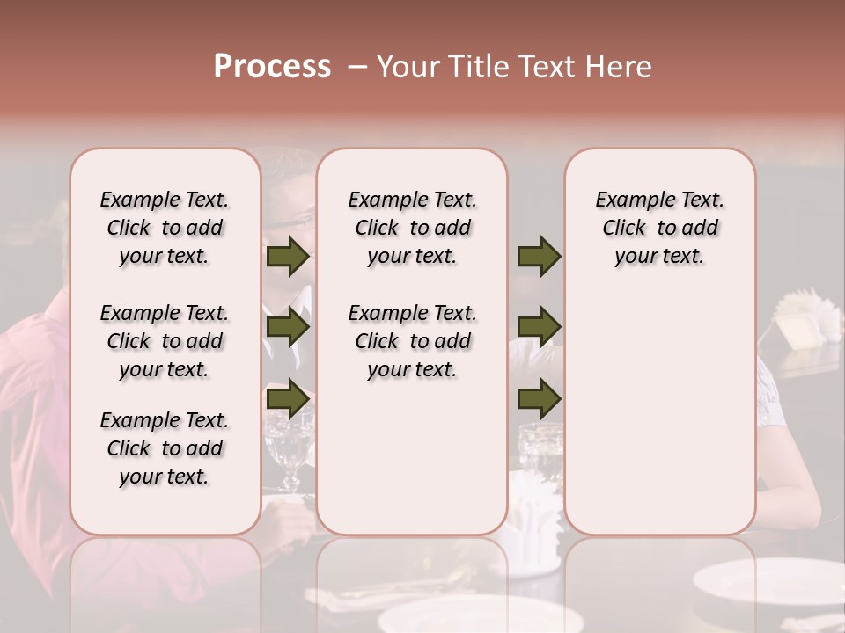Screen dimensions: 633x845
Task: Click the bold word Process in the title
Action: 272,67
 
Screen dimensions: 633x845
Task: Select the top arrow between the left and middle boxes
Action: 288,257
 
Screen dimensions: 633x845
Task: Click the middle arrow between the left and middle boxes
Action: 288,328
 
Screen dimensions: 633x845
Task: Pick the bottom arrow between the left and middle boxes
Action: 288,398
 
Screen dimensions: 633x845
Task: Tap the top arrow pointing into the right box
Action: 539,257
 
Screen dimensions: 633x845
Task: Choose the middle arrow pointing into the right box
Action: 539,328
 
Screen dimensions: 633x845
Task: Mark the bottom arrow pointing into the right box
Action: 539,398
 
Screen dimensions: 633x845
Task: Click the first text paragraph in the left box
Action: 165,228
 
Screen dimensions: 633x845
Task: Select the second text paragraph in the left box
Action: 165,341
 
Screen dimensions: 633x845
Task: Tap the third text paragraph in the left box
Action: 165,448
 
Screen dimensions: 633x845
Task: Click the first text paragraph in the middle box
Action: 412,228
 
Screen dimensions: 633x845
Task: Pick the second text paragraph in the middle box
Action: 412,341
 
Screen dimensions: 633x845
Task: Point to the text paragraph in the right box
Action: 659,228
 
